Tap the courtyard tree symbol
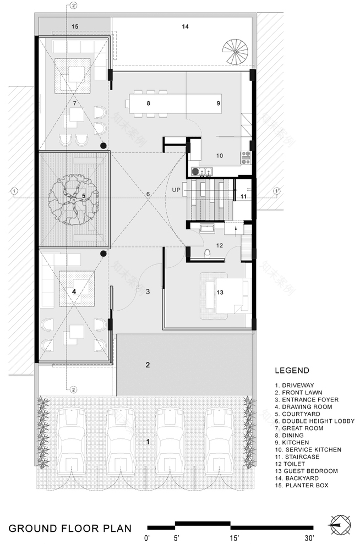click(74, 198)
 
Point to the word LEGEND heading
click(292, 371)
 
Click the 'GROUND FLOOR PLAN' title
click(70, 529)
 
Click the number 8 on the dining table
click(148, 103)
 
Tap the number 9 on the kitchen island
click(218, 103)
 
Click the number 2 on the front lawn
click(148, 365)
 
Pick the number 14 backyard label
click(186, 26)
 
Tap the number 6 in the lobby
click(148, 194)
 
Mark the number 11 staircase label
click(244, 196)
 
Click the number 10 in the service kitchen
click(219, 156)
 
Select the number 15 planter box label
click(75, 26)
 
